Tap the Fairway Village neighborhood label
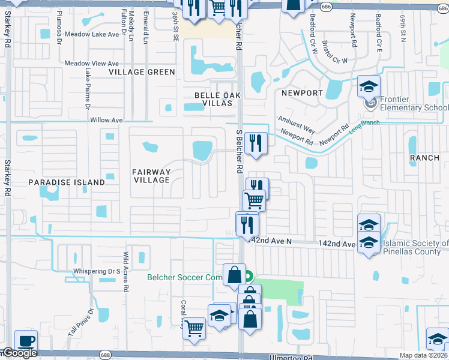151,176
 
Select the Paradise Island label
66,182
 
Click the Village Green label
142,72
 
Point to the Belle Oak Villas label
213,99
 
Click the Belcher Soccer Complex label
184,277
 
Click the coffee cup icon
26,340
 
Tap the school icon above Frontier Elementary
369,86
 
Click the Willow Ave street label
106,120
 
